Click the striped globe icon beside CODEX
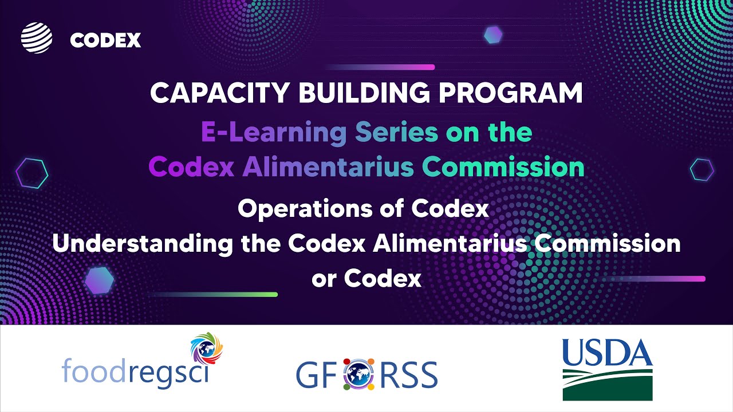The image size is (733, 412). click(37, 38)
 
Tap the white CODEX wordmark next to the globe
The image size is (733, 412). click(105, 40)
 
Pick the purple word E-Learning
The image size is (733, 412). click(274, 132)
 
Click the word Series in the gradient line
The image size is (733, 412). click(396, 132)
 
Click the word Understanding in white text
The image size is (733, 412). click(143, 244)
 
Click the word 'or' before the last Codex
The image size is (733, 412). click(324, 279)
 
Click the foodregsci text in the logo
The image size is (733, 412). click(135, 371)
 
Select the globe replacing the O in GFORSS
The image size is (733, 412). click(359, 374)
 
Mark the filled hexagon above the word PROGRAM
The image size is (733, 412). click(493, 35)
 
